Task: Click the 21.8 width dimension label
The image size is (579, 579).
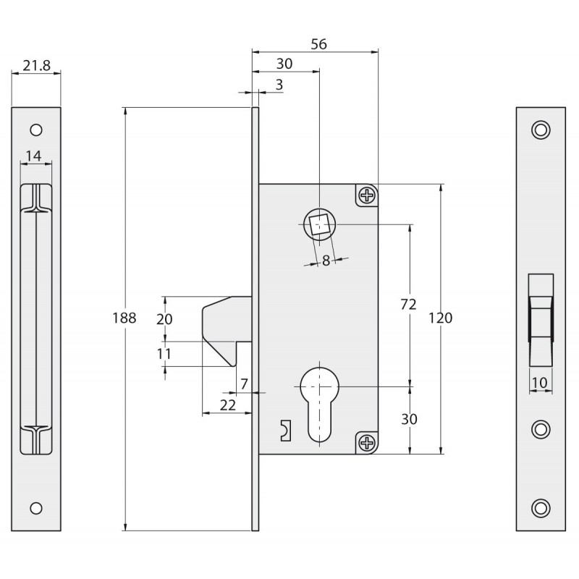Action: [36, 66]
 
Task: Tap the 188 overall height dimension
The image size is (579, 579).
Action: [124, 318]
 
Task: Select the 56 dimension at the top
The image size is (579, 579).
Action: [318, 44]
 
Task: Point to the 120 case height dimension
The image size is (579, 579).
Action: [440, 318]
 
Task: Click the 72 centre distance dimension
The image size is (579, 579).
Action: [408, 304]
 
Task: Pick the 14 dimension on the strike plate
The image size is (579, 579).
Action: [33, 156]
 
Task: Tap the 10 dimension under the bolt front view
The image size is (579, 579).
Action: [539, 383]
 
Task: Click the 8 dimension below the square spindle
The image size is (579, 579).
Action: [326, 261]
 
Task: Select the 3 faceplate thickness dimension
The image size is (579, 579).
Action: [279, 85]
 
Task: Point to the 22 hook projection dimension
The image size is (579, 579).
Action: [227, 405]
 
